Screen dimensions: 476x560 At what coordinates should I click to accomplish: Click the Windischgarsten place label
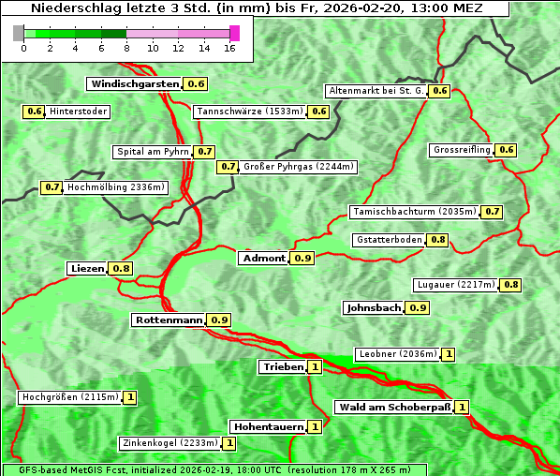tap(135, 83)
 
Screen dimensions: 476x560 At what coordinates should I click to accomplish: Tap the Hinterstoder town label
tap(79, 112)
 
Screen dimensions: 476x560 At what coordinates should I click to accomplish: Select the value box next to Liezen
tap(122, 269)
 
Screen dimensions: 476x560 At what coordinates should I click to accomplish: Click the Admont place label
tap(263, 258)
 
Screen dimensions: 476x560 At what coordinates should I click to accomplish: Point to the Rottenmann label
tap(169, 320)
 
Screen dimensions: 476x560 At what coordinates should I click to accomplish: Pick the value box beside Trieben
tap(315, 366)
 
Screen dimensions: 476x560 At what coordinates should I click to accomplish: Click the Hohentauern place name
tap(268, 426)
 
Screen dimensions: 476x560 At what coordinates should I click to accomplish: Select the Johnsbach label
tap(374, 307)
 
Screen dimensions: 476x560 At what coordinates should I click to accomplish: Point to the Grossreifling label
tap(463, 150)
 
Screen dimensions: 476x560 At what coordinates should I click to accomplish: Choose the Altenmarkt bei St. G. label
tap(376, 91)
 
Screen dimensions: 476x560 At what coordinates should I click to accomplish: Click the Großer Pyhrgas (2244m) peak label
tap(298, 167)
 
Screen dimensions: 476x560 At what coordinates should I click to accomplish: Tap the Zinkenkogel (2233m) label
tap(169, 442)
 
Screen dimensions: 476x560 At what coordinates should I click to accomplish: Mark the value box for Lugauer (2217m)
tap(510, 285)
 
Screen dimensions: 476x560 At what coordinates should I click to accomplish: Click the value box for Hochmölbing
tap(52, 187)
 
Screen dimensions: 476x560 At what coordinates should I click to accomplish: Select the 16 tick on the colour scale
tap(230, 47)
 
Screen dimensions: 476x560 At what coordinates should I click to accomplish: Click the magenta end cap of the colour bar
tap(234, 33)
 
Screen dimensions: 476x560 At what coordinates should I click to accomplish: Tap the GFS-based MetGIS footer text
tap(214, 469)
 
